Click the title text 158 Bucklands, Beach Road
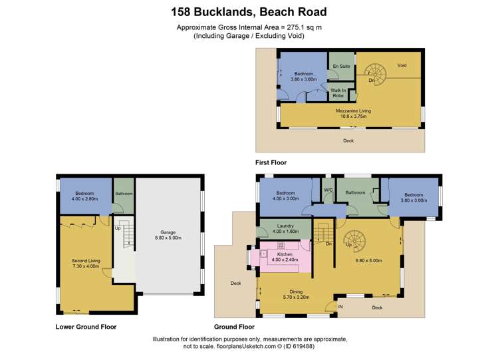click(249, 11)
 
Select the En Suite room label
click(341, 67)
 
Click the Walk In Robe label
click(338, 93)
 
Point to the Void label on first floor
click(402, 65)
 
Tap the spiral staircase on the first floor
click(377, 74)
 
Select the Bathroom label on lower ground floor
click(124, 194)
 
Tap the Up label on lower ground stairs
click(118, 228)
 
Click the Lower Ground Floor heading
click(86, 327)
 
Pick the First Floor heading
click(271, 162)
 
